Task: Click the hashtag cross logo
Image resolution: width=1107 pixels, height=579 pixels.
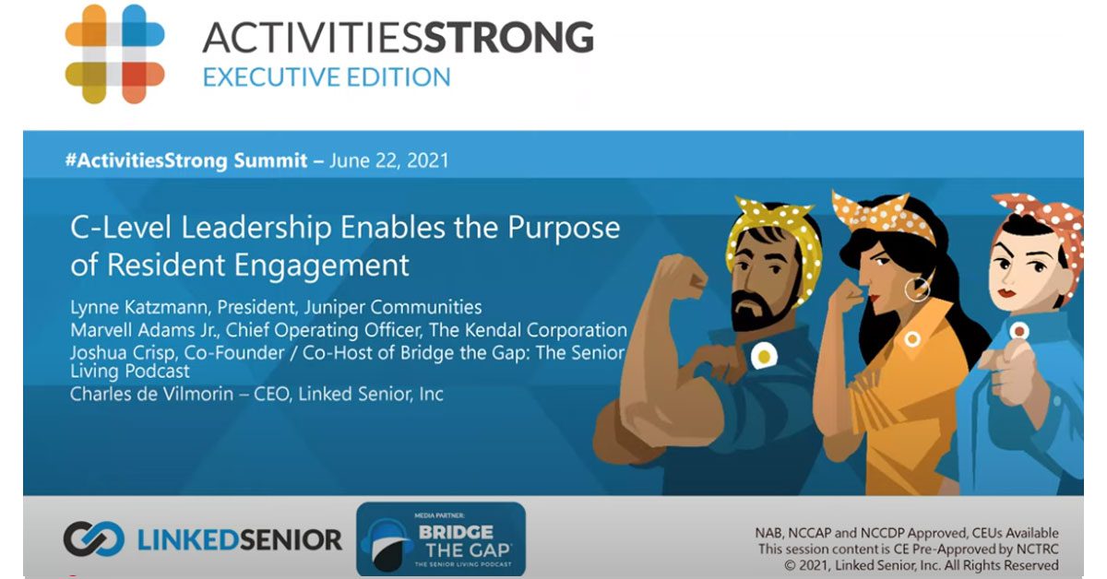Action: (114, 53)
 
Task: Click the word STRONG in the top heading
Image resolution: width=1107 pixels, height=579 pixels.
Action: (509, 37)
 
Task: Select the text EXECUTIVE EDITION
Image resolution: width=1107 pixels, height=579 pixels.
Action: (327, 77)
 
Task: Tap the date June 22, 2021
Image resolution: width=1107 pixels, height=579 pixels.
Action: (389, 160)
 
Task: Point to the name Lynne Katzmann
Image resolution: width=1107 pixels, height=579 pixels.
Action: (140, 307)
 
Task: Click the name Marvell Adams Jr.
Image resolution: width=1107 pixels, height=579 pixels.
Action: (144, 330)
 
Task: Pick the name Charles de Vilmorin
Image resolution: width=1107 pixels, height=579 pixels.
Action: (151, 395)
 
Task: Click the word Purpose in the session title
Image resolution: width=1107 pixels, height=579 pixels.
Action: (564, 229)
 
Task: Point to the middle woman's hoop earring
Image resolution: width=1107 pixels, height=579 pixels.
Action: (917, 290)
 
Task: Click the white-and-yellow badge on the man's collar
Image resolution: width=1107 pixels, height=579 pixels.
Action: (764, 356)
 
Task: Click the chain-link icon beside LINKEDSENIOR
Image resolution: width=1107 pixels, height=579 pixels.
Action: (94, 538)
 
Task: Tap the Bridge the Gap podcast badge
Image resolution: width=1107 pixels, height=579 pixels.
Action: (441, 539)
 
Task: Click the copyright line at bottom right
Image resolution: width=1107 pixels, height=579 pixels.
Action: (922, 565)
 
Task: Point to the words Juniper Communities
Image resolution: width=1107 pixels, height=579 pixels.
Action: (393, 307)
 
